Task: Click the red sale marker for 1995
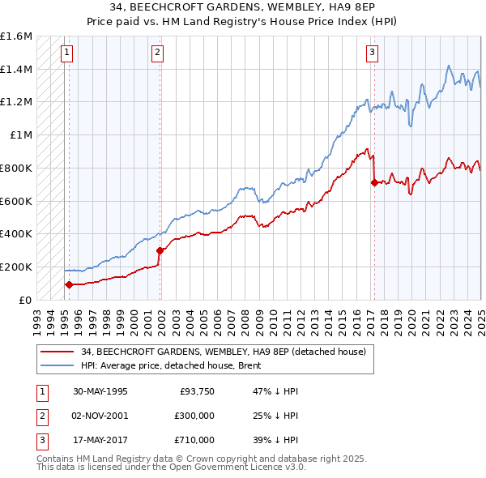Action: click(69, 284)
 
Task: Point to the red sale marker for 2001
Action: click(160, 250)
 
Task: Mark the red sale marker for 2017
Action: click(374, 183)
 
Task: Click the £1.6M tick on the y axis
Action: click(16, 36)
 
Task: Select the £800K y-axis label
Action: click(16, 168)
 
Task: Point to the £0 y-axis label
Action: click(24, 300)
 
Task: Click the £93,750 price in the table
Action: click(195, 391)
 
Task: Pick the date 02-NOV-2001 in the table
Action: click(101, 415)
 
